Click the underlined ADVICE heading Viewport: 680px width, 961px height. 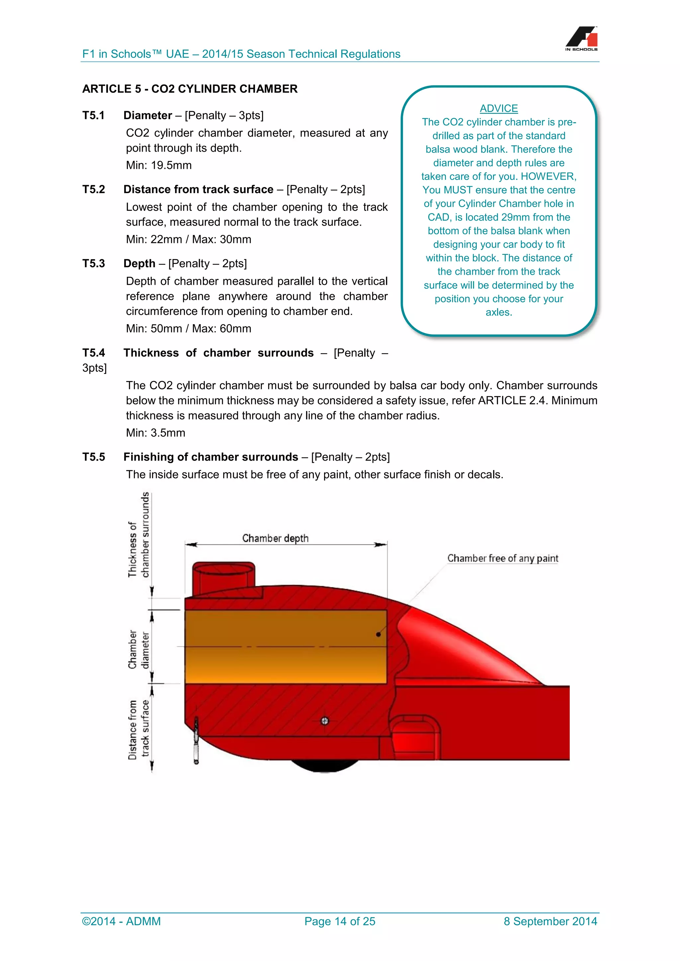pyautogui.click(x=498, y=109)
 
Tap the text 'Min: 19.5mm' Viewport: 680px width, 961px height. pyautogui.click(x=159, y=165)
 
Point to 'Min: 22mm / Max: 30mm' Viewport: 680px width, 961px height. pyautogui.click(x=188, y=239)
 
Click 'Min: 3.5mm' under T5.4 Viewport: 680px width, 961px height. pyautogui.click(x=155, y=433)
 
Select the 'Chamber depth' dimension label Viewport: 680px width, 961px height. pyautogui.click(x=275, y=538)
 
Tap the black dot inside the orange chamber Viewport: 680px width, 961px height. pyautogui.click(x=378, y=634)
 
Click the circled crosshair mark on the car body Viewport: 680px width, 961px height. pyautogui.click(x=324, y=721)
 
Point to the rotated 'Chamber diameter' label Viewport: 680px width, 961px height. pyautogui.click(x=138, y=650)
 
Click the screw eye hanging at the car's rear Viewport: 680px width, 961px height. pyautogui.click(x=196, y=741)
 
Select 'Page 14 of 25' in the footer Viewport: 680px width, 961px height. pyautogui.click(x=340, y=921)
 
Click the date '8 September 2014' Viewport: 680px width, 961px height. pyautogui.click(x=550, y=921)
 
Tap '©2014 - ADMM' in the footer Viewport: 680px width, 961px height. pyautogui.click(x=122, y=921)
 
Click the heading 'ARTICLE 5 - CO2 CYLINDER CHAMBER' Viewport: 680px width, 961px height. pyautogui.click(x=190, y=89)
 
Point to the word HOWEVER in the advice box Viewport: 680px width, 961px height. pyautogui.click(x=549, y=176)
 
